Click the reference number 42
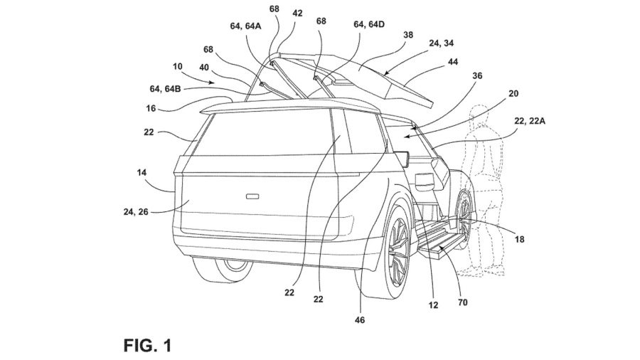[297, 12]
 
